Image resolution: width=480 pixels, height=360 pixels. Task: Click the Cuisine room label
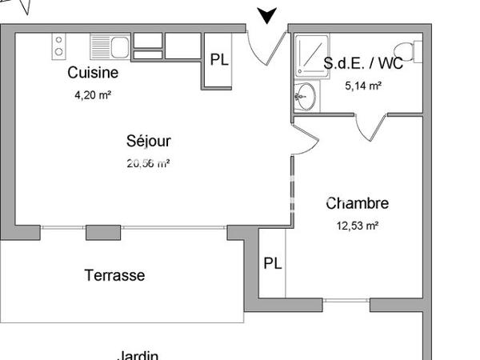(x=93, y=73)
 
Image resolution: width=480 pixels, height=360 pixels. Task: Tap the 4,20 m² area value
(x=92, y=94)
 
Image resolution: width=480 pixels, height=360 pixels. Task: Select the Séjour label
(x=149, y=142)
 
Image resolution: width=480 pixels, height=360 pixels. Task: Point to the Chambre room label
(x=357, y=204)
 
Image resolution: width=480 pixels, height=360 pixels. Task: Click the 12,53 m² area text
(x=357, y=226)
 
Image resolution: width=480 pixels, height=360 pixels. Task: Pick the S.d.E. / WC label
(x=362, y=64)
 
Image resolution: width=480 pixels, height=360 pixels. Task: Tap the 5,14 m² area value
(x=362, y=86)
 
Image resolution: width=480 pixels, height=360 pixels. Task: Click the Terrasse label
(x=114, y=275)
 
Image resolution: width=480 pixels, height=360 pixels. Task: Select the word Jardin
(x=137, y=354)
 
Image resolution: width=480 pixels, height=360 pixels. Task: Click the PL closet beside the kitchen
(x=218, y=59)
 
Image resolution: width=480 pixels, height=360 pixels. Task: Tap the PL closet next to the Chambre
(x=273, y=264)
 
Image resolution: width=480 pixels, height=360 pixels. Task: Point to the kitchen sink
(x=110, y=46)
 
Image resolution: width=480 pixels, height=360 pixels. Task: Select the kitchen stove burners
(x=58, y=46)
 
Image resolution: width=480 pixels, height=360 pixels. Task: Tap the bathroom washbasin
(x=303, y=97)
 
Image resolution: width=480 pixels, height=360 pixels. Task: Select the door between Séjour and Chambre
(x=298, y=139)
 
